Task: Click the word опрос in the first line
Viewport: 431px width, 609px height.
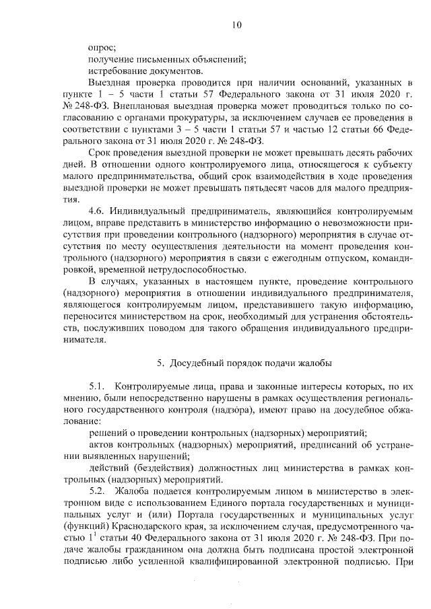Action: point(102,47)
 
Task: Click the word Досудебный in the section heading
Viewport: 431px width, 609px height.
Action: point(195,363)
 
